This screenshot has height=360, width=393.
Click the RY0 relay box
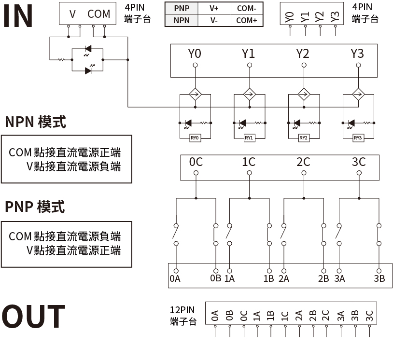[195, 138]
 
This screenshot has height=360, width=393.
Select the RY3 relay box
[358, 138]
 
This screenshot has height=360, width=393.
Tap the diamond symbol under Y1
[249, 94]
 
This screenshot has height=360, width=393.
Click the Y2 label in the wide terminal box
[303, 54]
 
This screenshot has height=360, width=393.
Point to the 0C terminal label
[196, 162]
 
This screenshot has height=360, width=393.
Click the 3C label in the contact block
[358, 162]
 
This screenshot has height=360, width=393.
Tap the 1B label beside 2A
[268, 278]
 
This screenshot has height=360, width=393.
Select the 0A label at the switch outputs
[175, 278]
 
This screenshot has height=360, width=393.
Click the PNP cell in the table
[182, 9]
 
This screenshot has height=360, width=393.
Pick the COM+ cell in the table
[246, 20]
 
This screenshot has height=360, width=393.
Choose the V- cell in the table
[214, 20]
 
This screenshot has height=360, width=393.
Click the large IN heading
[18, 16]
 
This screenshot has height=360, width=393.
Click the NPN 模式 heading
[36, 122]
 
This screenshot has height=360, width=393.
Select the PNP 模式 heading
[35, 207]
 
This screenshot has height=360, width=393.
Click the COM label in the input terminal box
[99, 14]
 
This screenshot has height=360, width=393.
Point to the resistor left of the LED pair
[61, 60]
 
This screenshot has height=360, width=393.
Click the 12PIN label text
[182, 310]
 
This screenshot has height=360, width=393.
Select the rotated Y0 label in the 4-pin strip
[290, 17]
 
